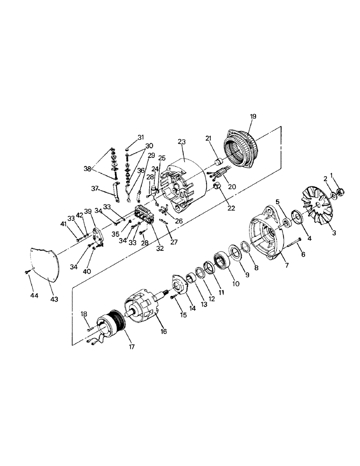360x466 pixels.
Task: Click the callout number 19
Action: point(253,116)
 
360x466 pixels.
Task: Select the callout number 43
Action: point(55,299)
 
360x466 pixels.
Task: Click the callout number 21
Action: point(208,139)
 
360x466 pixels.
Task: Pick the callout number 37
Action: point(94,188)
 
